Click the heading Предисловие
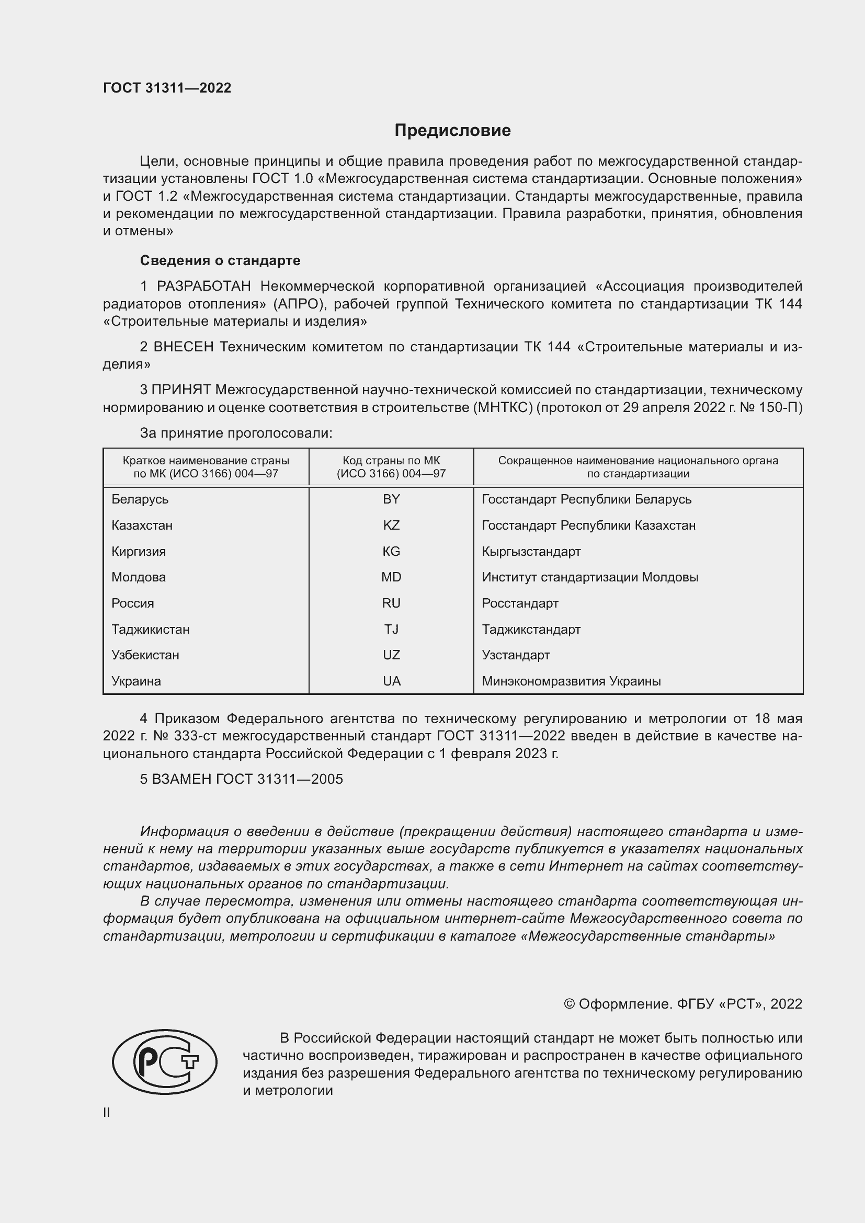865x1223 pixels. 452,131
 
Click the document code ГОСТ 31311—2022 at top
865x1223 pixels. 167,88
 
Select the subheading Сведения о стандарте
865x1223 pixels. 220,260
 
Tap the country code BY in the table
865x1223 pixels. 391,499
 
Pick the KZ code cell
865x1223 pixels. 391,525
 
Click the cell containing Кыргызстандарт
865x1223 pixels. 531,551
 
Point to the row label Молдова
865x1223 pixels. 139,577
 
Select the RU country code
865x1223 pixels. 391,603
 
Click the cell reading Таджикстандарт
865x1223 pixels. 531,630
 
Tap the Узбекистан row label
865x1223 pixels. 145,655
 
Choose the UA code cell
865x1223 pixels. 392,681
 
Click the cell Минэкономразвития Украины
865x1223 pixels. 571,681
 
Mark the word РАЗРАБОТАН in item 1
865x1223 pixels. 203,287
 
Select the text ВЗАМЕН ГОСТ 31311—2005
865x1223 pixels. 247,779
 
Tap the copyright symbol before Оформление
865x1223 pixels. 569,1004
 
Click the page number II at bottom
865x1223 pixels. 107,1112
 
